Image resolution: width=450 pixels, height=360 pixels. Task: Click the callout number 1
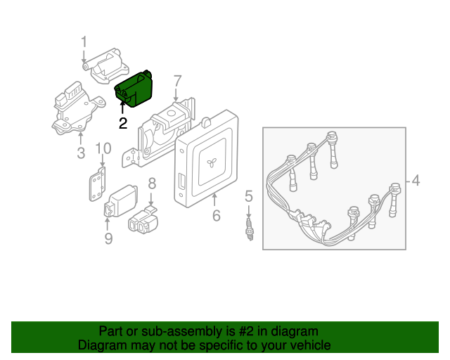pos(84,41)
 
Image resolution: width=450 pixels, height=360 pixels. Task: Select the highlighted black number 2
pos(123,123)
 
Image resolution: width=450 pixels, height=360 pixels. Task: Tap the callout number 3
pos(80,153)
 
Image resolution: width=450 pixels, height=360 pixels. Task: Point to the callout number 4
pos(416,181)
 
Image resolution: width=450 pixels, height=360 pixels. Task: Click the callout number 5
pos(248,195)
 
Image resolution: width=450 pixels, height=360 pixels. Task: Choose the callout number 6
pos(217,215)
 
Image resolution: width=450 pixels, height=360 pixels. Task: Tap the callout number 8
pos(151,184)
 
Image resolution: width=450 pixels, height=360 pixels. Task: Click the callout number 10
pos(103,148)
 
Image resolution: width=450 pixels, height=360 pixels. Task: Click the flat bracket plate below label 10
pos(98,186)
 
